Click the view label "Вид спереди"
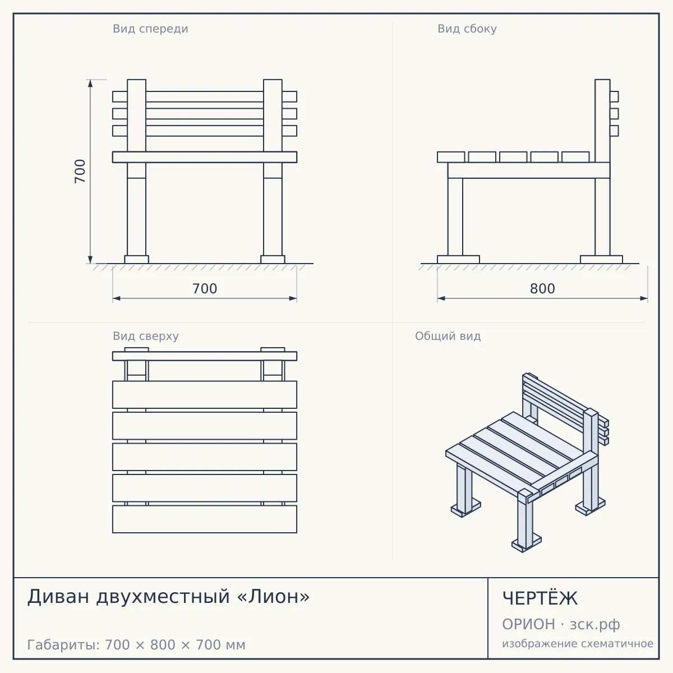[x=150, y=29]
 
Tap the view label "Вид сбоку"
[x=467, y=29]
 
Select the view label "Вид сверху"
[x=146, y=336]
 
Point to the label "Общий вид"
[x=448, y=336]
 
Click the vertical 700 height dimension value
[x=80, y=171]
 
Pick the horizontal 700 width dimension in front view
[x=205, y=289]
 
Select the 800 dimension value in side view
[x=542, y=289]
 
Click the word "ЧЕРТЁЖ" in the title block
[x=540, y=598]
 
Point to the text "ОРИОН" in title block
[x=528, y=624]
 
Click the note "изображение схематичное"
[x=578, y=643]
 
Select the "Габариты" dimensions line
[x=136, y=645]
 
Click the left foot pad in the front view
[x=136, y=259]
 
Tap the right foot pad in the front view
[x=273, y=259]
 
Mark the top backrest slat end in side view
[x=614, y=96]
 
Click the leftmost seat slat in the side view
[x=451, y=157]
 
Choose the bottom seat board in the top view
[x=205, y=519]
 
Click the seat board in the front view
[x=205, y=157]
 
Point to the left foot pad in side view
[x=458, y=259]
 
